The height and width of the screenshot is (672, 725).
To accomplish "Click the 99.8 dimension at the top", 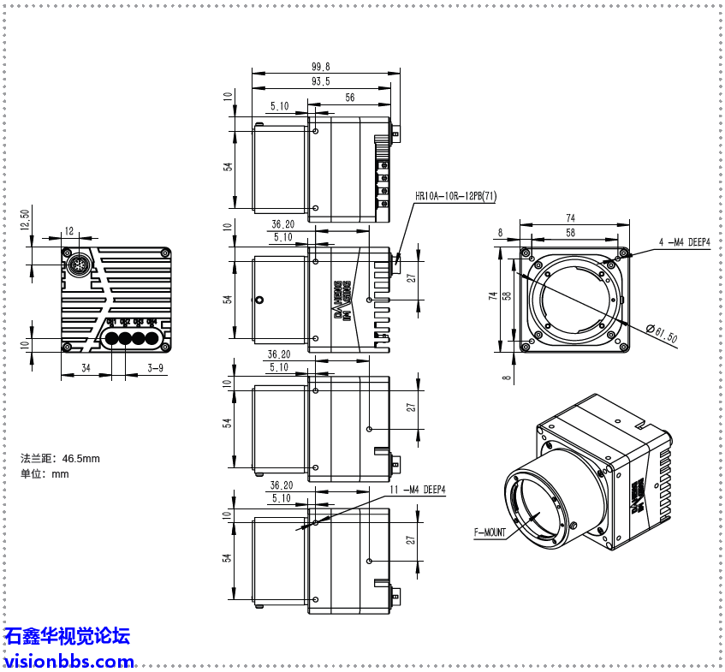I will pyautogui.click(x=321, y=67).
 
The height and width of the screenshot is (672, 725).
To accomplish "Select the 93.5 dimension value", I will pyautogui.click(x=321, y=82).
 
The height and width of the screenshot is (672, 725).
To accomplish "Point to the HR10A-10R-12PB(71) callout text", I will pyautogui.click(x=455, y=196).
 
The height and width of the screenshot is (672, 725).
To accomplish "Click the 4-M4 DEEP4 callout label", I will pyautogui.click(x=685, y=242).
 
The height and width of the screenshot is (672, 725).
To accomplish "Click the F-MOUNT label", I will pyautogui.click(x=490, y=532).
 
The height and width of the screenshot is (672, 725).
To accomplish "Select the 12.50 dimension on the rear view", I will pyautogui.click(x=25, y=218).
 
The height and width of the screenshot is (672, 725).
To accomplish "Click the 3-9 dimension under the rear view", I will pyautogui.click(x=156, y=368).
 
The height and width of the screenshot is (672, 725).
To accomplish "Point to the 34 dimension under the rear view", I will pyautogui.click(x=86, y=368).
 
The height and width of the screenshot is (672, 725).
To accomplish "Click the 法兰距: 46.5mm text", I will pyautogui.click(x=60, y=459).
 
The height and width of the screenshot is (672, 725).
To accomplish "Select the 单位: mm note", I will pyautogui.click(x=45, y=474).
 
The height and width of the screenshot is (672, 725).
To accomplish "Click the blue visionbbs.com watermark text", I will pyautogui.click(x=68, y=661).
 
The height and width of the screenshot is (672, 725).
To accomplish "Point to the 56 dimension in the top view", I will pyautogui.click(x=350, y=98).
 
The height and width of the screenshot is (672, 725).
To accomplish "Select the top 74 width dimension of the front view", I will pyautogui.click(x=571, y=218).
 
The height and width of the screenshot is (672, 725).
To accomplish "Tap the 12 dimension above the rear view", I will pyautogui.click(x=69, y=231).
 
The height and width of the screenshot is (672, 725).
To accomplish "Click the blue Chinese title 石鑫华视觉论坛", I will pyautogui.click(x=67, y=636).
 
